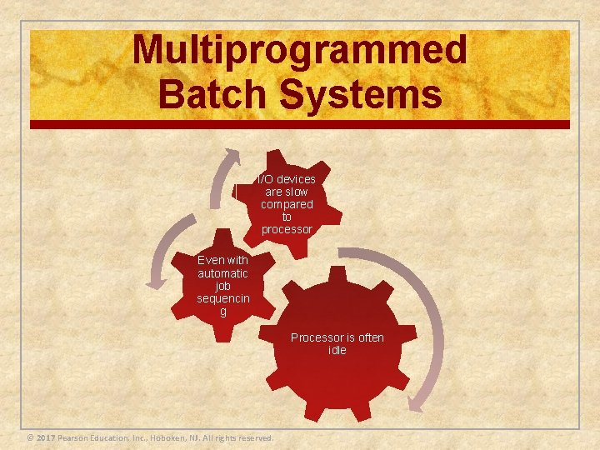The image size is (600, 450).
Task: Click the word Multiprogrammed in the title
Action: coord(300,50)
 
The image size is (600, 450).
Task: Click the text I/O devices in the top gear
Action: coord(287,179)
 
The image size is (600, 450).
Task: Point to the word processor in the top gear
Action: coord(287,229)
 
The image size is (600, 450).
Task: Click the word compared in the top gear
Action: coord(287,204)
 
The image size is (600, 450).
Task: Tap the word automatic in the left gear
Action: coord(222,273)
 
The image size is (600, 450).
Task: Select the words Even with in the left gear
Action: coord(222,261)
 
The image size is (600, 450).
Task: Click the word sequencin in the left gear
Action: coord(222,298)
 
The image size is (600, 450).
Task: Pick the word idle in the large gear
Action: coord(337,350)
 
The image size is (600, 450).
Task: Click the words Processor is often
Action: coord(337,337)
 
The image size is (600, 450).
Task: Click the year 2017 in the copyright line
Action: coord(45,438)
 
